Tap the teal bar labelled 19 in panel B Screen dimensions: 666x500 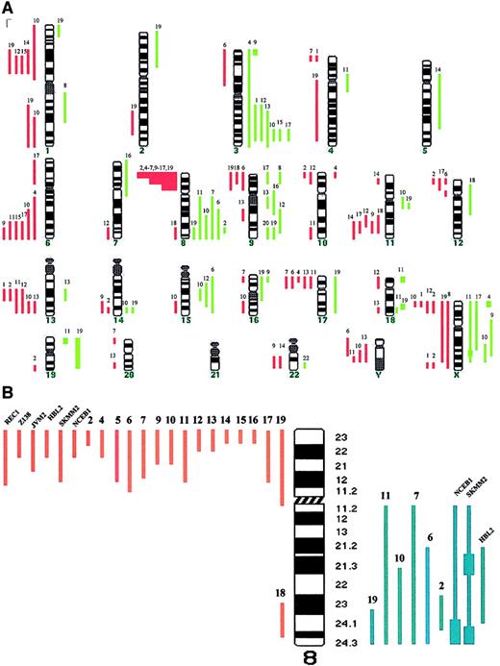coord(372,625)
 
